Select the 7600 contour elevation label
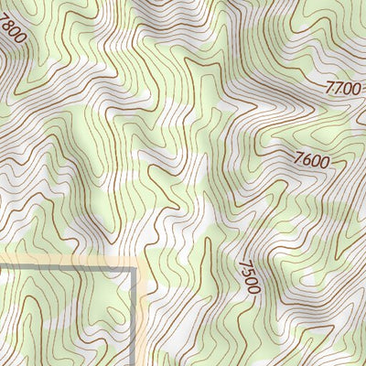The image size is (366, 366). (x=311, y=161)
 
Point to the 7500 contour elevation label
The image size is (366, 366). (x=248, y=277)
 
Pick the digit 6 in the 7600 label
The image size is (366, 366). (x=307, y=159)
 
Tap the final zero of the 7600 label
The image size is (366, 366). (x=323, y=165)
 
